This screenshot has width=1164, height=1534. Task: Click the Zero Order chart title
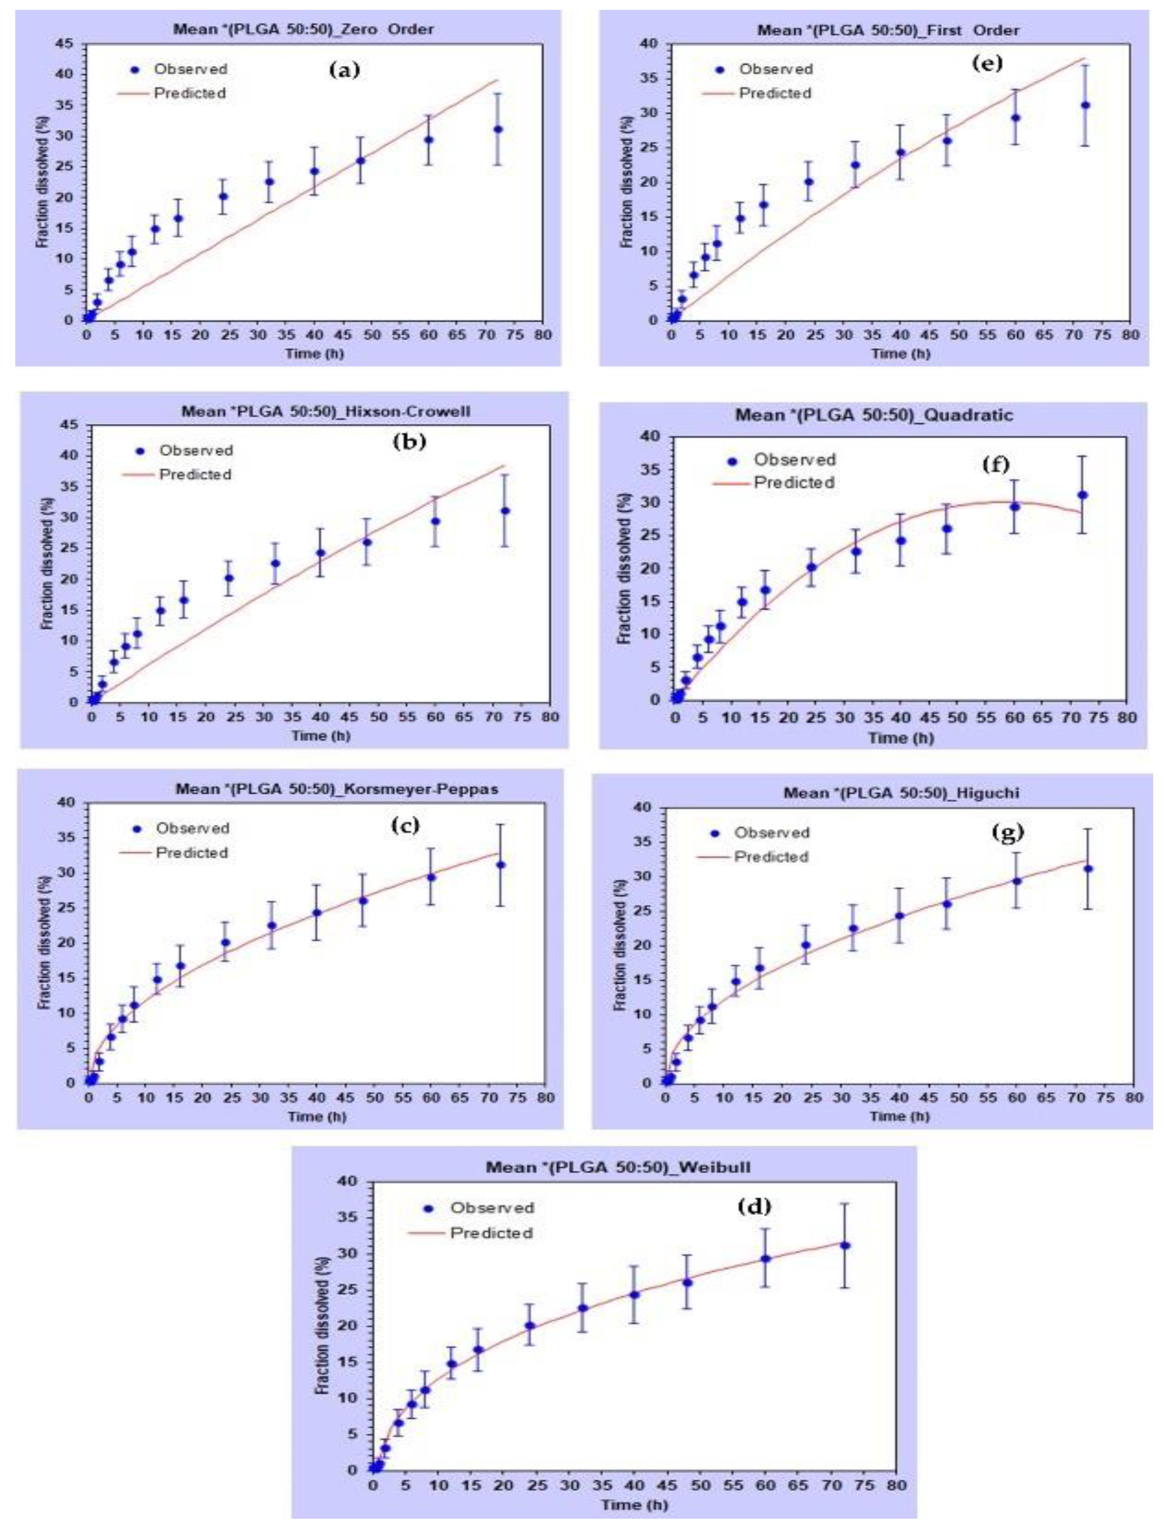(303, 29)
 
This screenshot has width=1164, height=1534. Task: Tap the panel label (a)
(345, 69)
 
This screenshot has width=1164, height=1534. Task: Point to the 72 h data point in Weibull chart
(844, 1246)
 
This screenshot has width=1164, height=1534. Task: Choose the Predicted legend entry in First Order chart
(774, 93)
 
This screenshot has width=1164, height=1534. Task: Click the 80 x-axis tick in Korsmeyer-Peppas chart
(545, 1098)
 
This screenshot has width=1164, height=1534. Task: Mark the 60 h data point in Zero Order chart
(429, 139)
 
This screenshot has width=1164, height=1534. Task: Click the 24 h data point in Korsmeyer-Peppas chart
(226, 942)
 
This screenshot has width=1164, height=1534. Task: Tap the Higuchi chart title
(901, 793)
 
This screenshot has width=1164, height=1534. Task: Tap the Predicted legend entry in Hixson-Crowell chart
(194, 475)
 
